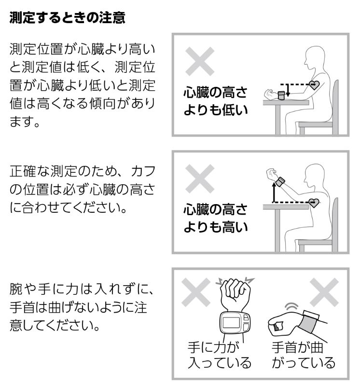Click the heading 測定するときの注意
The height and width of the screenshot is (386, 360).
tap(67, 18)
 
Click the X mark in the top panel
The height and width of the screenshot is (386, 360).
tap(200, 62)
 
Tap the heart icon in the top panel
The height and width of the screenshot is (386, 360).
tap(314, 85)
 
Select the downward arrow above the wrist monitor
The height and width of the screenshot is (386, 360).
tap(288, 91)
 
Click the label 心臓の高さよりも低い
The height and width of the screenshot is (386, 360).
tap(215, 101)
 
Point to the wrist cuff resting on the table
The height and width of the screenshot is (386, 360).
tap(281, 95)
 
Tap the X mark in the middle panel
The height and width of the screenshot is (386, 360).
tap(200, 179)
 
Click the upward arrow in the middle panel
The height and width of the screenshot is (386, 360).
tap(274, 192)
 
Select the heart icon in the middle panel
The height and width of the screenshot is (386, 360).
tap(314, 203)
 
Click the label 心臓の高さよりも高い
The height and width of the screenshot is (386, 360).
tap(215, 218)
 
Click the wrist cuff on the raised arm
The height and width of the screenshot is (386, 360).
tap(280, 182)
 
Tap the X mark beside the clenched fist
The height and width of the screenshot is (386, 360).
tap(196, 292)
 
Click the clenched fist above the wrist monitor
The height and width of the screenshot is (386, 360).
tap(235, 292)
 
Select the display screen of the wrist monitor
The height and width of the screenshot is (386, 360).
tap(231, 323)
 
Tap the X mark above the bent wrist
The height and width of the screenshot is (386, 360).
tap(324, 292)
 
